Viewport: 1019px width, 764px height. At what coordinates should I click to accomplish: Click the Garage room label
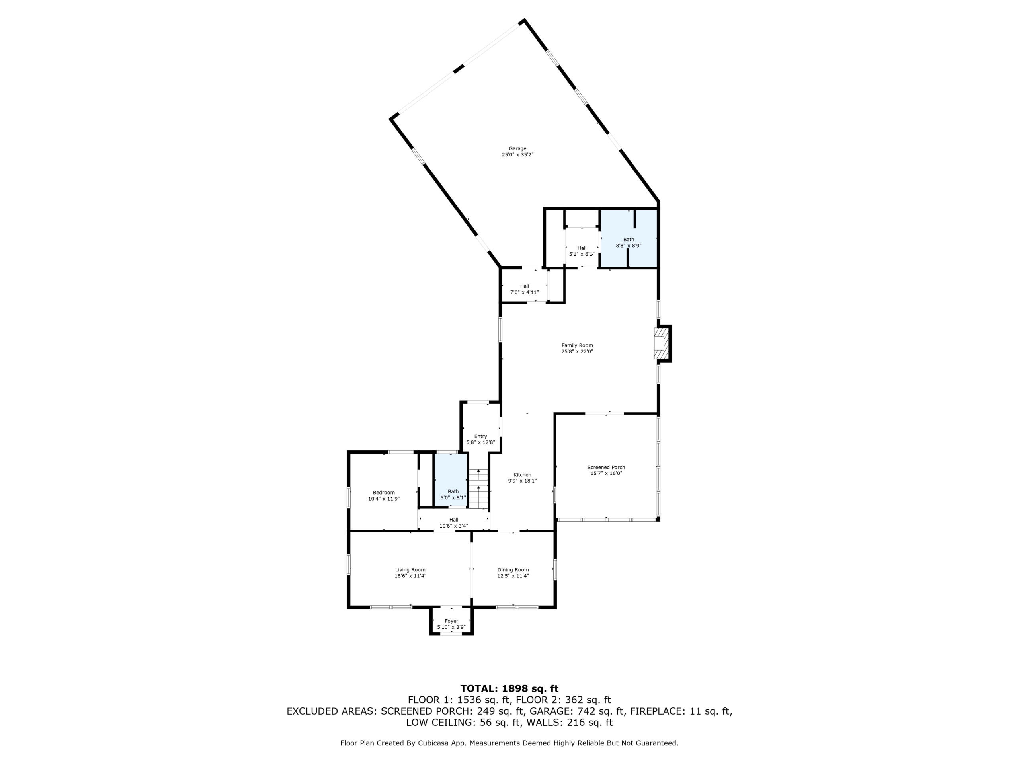tap(517, 149)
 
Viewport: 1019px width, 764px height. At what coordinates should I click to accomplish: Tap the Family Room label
tap(577, 345)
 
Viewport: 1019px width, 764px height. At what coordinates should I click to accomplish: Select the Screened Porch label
tap(606, 468)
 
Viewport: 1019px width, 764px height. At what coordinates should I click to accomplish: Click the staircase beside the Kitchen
tap(478, 489)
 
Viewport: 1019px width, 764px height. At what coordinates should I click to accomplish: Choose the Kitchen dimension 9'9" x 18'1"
tap(522, 481)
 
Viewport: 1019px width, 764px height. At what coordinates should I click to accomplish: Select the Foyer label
tap(451, 621)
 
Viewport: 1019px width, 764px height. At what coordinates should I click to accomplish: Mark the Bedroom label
tap(384, 493)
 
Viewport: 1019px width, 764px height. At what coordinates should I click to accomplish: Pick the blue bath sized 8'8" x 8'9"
tap(629, 238)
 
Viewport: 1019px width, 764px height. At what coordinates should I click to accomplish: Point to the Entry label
tap(480, 437)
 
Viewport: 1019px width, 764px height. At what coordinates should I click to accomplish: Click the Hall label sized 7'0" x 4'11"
tap(525, 286)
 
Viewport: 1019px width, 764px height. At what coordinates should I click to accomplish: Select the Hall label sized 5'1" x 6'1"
tap(582, 248)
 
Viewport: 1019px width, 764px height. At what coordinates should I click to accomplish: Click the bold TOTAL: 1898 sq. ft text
tap(509, 688)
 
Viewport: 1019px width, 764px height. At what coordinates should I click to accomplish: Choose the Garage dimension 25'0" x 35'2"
tap(518, 155)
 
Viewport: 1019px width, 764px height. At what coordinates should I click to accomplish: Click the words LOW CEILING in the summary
tap(439, 723)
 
